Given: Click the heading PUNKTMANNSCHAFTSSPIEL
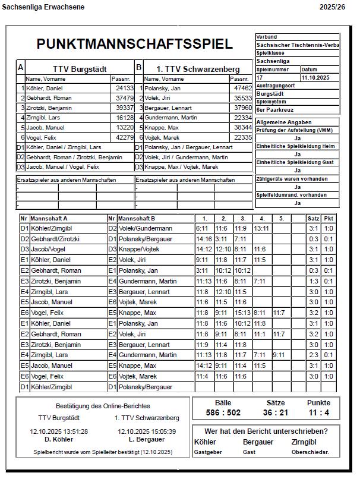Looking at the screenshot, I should (134, 44).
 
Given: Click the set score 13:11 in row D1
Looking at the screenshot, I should (261, 228).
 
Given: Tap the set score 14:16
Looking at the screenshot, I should (204, 238).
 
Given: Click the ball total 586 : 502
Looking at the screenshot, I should (223, 412).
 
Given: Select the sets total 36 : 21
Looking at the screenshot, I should (276, 412).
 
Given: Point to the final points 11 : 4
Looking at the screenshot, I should (318, 412).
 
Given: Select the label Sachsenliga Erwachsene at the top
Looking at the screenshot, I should (43, 7).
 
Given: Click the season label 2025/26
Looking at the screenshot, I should (332, 7).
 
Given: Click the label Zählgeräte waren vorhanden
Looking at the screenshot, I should (292, 179).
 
